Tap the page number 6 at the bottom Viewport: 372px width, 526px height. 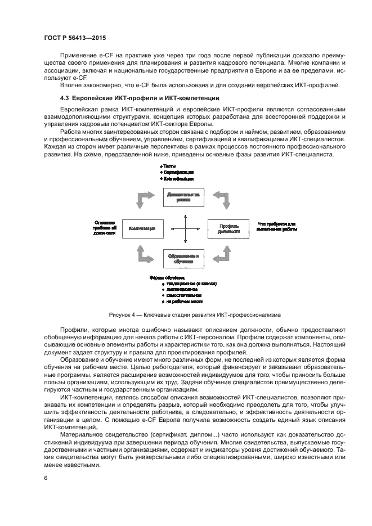pyautogui.click(x=46, y=478)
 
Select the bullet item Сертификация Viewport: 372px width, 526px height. pyautogui.click(x=178, y=172)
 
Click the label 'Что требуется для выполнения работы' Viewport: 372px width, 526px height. pyautogui.click(x=276, y=226)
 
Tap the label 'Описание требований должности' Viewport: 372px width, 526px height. pyautogui.click(x=105, y=227)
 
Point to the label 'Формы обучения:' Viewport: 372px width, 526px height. pyautogui.click(x=167, y=278)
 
